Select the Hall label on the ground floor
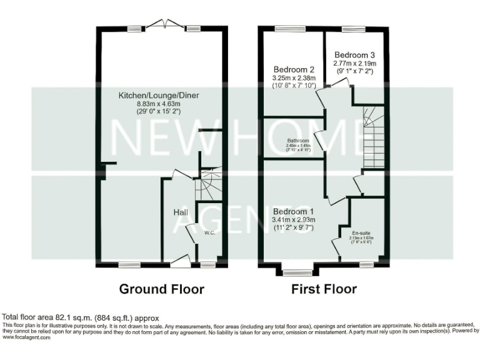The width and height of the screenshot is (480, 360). (181, 213)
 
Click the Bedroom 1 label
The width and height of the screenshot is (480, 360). (294, 210)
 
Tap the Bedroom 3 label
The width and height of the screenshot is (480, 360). (354, 54)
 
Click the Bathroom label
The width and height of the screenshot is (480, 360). (298, 141)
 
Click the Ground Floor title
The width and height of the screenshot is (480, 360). (162, 289)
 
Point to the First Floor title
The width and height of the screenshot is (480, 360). (324, 289)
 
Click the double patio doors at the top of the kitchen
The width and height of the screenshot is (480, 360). (165, 25)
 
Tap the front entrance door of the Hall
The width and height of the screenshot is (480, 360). (180, 261)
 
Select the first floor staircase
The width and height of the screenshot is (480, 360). (373, 137)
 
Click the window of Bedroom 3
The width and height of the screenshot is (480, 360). (353, 28)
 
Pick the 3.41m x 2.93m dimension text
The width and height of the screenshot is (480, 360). (294, 219)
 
